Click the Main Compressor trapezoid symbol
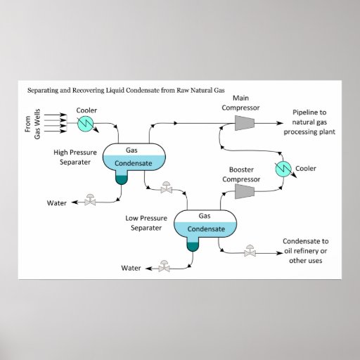245,123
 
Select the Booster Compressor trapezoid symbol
245,191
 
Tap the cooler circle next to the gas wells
85,124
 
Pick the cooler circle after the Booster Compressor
283,169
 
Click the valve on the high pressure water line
90,200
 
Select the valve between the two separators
167,187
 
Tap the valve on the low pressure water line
164,266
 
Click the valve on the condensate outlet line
250,251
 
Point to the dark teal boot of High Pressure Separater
122,180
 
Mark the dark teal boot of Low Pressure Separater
193,247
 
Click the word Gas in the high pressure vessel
131,150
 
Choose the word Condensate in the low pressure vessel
206,229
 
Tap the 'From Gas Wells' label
32,124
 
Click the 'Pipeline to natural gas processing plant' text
309,122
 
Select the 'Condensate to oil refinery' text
306,246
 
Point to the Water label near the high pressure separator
57,203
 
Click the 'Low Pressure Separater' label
146,223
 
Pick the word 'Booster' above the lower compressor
241,169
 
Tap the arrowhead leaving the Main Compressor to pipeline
280,123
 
